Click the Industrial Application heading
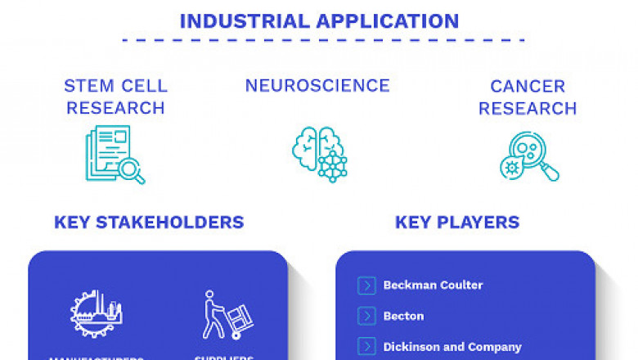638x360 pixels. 319,20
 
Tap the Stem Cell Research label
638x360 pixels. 115,97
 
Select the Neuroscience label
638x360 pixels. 317,86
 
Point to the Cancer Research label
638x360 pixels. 528,97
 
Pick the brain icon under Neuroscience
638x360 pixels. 319,154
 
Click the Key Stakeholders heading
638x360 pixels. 149,222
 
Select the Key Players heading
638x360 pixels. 457,222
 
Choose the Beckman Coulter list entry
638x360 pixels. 433,286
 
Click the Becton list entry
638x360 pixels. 403,316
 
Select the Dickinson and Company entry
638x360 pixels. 452,347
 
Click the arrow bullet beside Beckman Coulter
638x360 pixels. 366,286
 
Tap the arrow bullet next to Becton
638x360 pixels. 366,316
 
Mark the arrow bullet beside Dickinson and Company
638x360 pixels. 366,347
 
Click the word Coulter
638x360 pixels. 461,286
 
